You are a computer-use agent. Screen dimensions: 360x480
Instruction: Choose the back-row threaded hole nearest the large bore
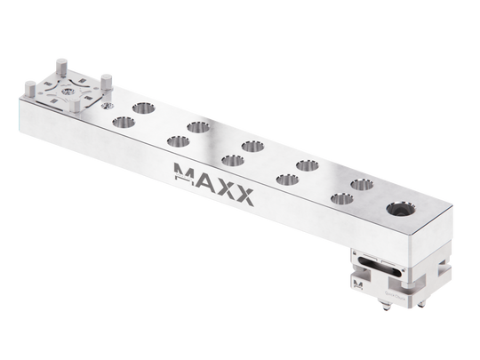360,185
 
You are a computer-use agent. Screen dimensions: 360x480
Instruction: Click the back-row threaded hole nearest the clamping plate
141,108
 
